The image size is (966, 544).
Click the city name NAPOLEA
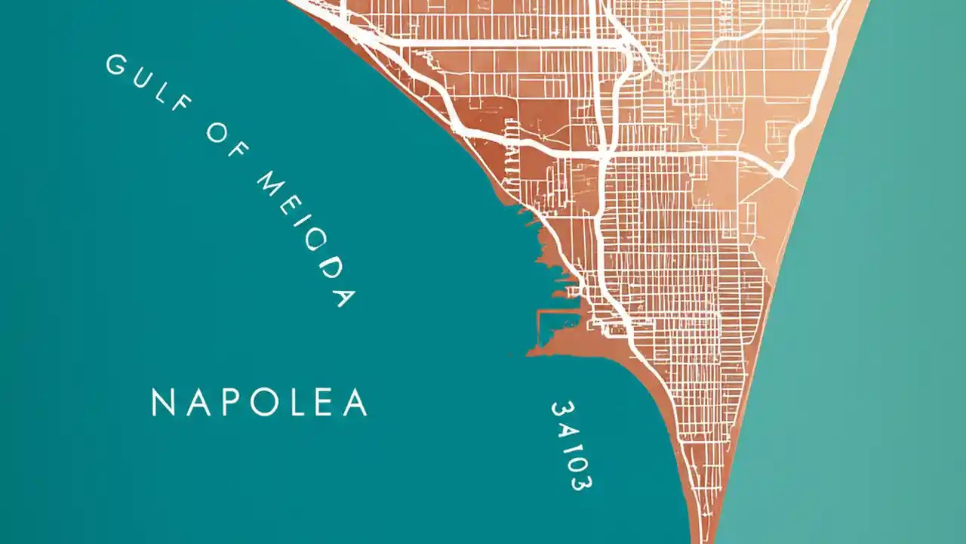[x=260, y=403]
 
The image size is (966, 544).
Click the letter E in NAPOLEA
[x=323, y=403]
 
